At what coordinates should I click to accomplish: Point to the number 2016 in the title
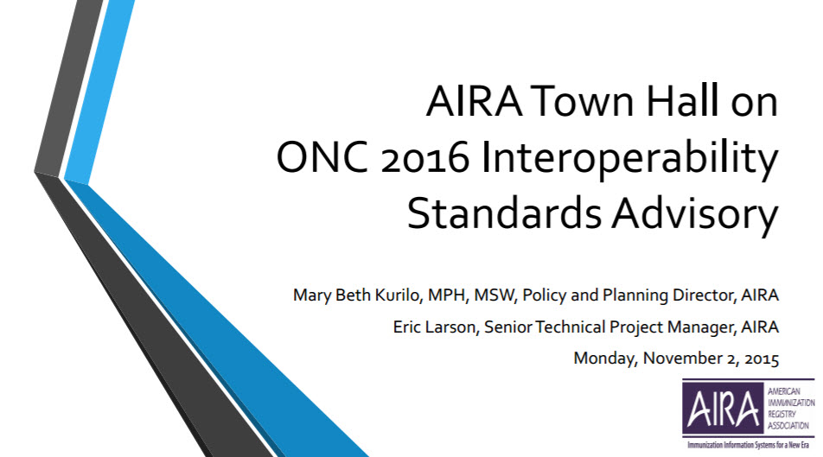click(x=424, y=158)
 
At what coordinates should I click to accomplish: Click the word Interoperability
click(x=629, y=160)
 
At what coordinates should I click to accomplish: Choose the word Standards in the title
click(x=504, y=213)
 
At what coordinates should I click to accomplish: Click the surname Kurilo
click(x=399, y=295)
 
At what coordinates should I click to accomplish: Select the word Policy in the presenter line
click(x=545, y=296)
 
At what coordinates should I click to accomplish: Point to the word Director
click(x=705, y=295)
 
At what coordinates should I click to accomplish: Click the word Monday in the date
click(x=606, y=359)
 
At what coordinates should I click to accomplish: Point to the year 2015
click(x=762, y=359)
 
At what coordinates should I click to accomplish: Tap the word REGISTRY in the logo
click(x=782, y=415)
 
